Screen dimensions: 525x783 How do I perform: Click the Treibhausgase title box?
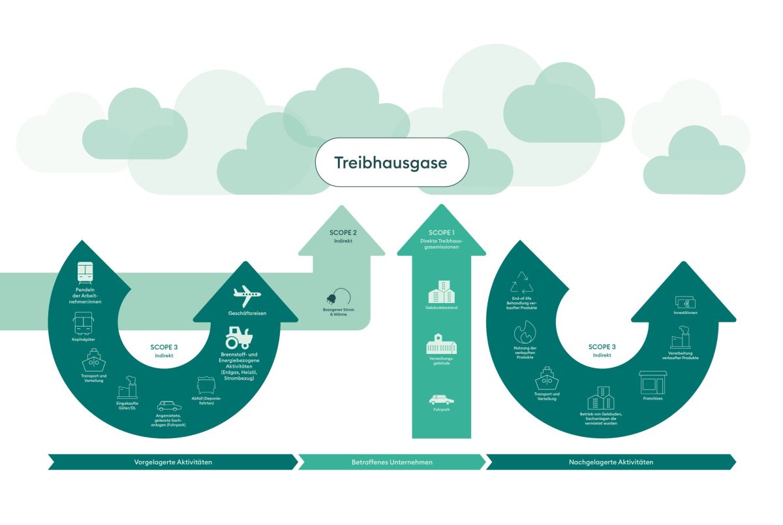(x=391, y=163)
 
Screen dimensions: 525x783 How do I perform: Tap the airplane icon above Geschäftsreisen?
(x=247, y=296)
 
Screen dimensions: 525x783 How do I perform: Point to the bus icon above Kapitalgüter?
(x=83, y=323)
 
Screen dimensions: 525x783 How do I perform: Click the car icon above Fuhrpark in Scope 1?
(x=441, y=399)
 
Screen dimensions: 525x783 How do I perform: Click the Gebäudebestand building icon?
(x=441, y=292)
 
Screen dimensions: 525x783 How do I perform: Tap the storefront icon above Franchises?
(x=652, y=383)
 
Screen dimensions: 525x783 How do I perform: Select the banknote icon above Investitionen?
(x=685, y=302)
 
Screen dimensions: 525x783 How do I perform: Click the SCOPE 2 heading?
(x=343, y=232)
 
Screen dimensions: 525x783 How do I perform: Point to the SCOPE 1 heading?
(x=441, y=232)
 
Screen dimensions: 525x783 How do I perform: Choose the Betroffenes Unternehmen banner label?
(x=391, y=462)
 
